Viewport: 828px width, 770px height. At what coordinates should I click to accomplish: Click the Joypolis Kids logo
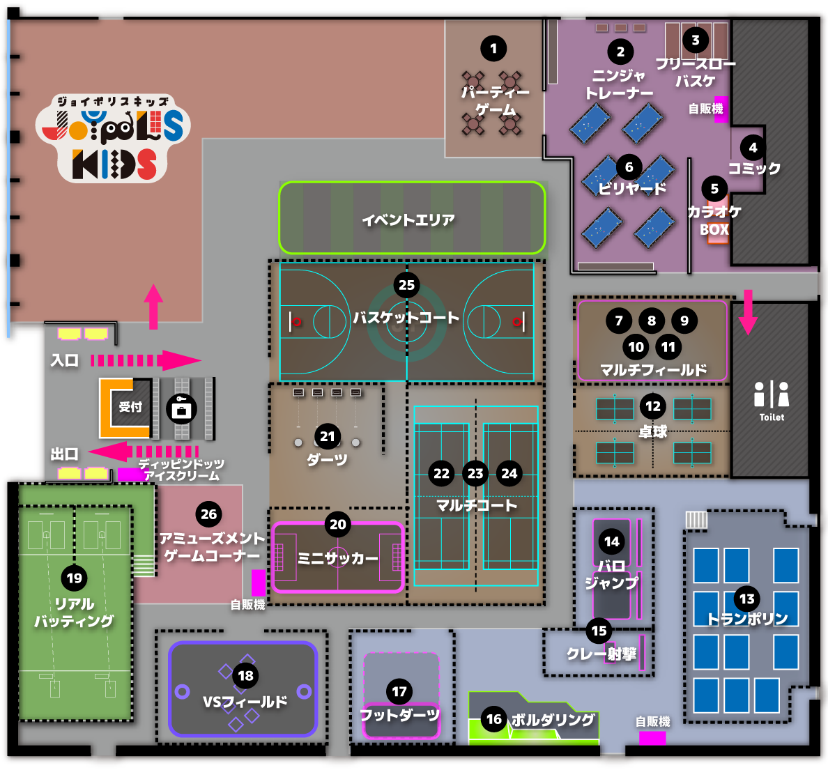(x=112, y=139)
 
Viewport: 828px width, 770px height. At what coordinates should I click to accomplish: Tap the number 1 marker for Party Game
(x=493, y=49)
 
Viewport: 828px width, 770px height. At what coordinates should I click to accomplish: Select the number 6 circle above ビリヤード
(x=629, y=167)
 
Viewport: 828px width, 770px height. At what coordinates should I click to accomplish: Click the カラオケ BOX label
(x=714, y=220)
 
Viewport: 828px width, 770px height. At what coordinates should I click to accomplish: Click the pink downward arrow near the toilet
(x=748, y=312)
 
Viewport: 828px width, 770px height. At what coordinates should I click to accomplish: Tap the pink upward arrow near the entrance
(x=153, y=307)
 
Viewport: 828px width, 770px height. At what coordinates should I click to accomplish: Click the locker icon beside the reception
(x=181, y=409)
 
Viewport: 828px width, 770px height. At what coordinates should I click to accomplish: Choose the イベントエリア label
(x=408, y=220)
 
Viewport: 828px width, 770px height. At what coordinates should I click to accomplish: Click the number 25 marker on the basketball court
(x=406, y=285)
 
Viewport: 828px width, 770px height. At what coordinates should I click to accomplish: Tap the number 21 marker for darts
(x=328, y=436)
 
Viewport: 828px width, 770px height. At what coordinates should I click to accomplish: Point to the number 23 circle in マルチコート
(x=475, y=473)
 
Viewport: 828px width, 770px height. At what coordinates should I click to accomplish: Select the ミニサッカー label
(x=338, y=558)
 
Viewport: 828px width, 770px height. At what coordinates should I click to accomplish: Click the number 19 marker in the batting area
(x=75, y=578)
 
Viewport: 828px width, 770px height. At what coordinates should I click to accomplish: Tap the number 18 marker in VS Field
(x=245, y=675)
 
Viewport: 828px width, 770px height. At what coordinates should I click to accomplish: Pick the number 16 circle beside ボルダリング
(x=493, y=718)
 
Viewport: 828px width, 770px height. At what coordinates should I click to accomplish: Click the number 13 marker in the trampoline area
(x=746, y=599)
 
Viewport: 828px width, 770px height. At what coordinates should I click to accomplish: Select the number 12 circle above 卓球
(x=653, y=406)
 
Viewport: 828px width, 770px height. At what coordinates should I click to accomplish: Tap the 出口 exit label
(x=64, y=454)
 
